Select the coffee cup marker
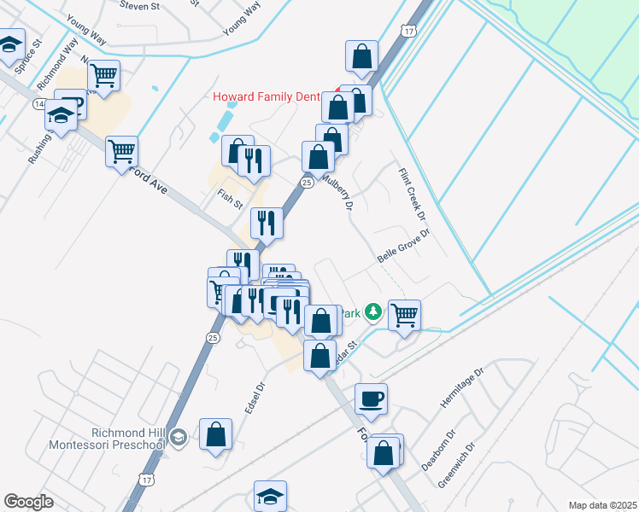tap(371, 397)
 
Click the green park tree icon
tap(372, 312)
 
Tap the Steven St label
tap(142, 5)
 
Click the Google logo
tap(28, 502)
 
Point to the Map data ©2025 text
tap(601, 505)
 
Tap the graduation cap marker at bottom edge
tap(270, 495)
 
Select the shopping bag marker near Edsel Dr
tap(215, 433)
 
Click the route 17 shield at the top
tap(410, 31)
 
